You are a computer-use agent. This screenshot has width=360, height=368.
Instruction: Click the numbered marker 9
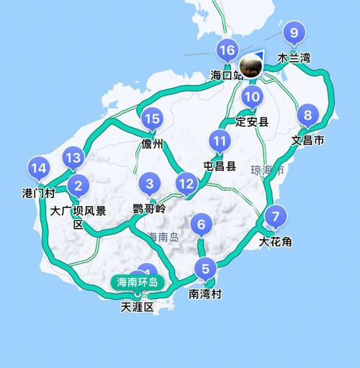click(294, 32)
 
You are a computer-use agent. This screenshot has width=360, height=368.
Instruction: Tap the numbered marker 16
click(228, 50)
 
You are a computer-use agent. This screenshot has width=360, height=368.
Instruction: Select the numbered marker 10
click(251, 97)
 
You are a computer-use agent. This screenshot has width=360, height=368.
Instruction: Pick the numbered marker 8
click(308, 115)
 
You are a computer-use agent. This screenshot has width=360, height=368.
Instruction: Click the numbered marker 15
click(151, 120)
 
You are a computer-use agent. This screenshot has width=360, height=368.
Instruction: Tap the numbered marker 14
click(39, 170)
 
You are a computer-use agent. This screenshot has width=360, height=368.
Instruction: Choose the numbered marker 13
click(72, 158)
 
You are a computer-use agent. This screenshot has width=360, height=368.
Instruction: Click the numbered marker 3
click(150, 183)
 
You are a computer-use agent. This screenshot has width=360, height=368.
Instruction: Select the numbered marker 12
click(186, 184)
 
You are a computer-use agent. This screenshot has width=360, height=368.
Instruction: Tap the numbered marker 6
click(202, 225)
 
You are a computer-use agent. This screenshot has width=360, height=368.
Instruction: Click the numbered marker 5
click(207, 269)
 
